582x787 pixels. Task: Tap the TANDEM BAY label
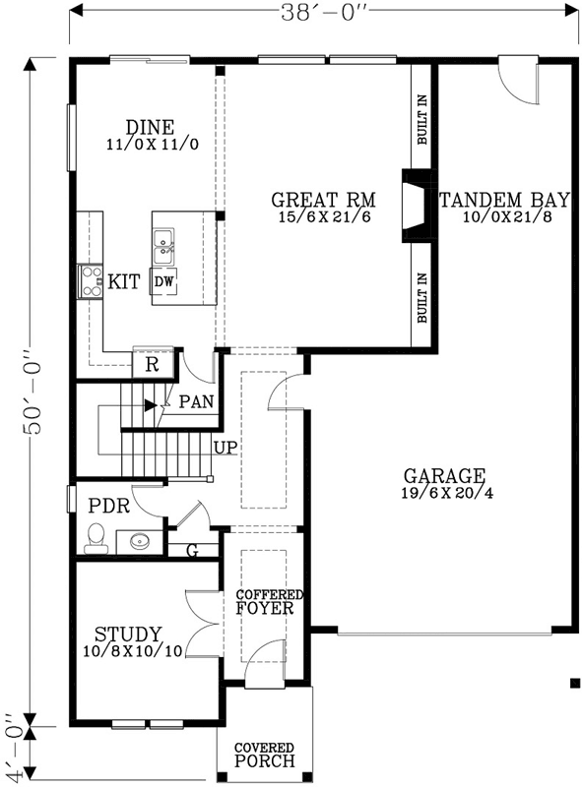[x=494, y=201]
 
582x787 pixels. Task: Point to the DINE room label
[x=151, y=128]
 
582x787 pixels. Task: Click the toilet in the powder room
[x=97, y=535]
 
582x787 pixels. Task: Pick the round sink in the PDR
[x=136, y=540]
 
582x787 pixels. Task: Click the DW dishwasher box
[x=164, y=281]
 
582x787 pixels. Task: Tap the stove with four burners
[x=92, y=281]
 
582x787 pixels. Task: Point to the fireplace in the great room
[x=413, y=206]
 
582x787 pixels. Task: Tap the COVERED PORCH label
[x=264, y=756]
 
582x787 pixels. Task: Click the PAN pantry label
[x=196, y=401]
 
